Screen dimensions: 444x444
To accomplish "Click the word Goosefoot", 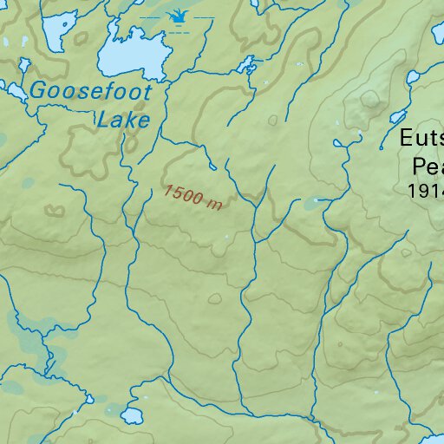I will tap(90, 90).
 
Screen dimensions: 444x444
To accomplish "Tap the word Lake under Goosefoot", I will tap(124, 120).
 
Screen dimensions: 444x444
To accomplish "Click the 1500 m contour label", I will tap(193, 197).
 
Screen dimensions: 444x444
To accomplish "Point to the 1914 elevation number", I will tap(424, 189).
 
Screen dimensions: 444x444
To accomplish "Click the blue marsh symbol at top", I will tap(178, 17).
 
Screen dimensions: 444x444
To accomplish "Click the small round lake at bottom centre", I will tap(132, 415).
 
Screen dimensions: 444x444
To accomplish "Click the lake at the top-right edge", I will tap(437, 36).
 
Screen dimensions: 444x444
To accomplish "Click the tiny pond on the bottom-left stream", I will tap(88, 400).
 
